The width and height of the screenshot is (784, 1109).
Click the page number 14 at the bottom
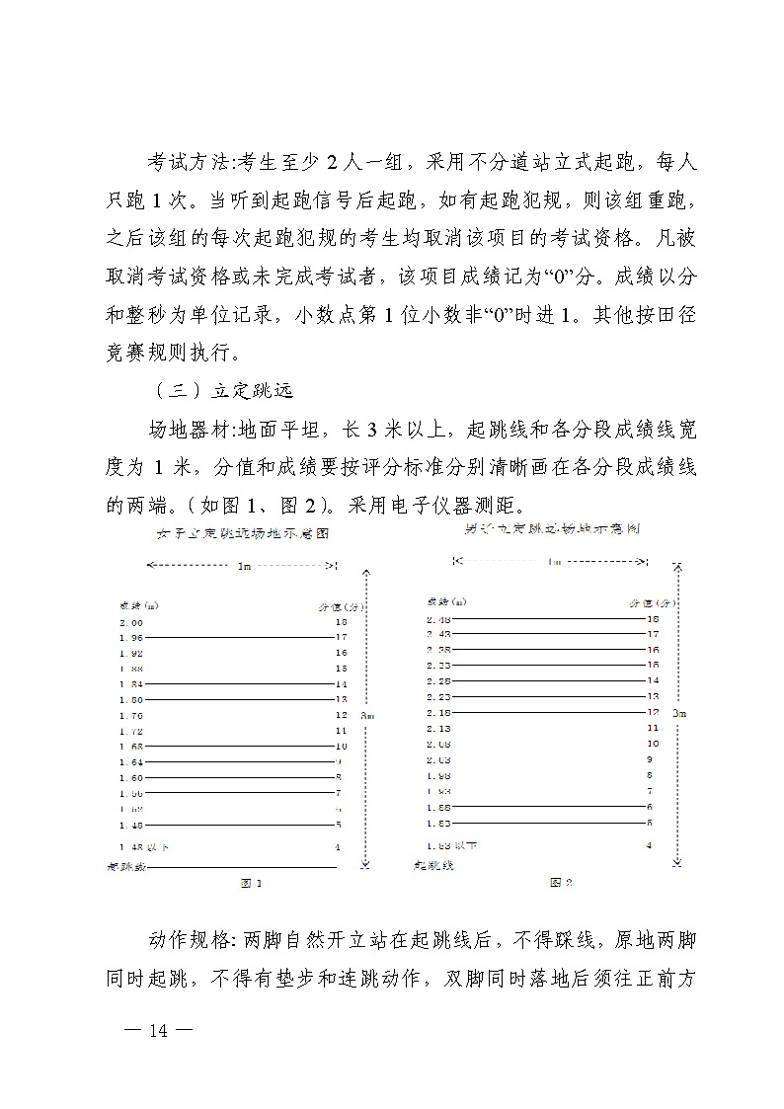click(158, 1031)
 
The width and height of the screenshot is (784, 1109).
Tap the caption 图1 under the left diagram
click(252, 883)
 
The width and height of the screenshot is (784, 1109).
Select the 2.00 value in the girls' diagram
click(131, 623)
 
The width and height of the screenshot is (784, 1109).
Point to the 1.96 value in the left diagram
click(131, 638)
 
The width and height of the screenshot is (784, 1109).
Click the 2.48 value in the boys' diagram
click(439, 619)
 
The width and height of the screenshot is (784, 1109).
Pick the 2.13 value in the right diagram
click(439, 727)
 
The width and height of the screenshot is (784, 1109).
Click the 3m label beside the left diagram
click(367, 714)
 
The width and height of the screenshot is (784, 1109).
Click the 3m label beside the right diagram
click(678, 712)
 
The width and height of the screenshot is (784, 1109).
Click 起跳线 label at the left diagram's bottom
click(126, 866)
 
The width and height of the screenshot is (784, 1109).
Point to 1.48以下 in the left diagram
click(144, 847)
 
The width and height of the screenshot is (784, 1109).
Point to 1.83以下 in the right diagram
click(452, 845)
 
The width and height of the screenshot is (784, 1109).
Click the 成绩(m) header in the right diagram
click(446, 601)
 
